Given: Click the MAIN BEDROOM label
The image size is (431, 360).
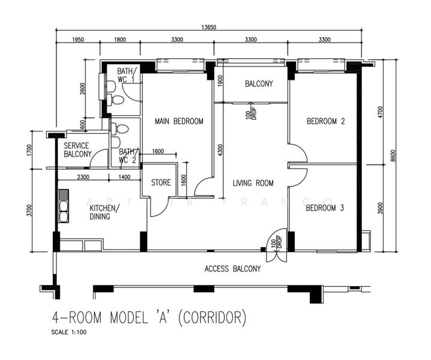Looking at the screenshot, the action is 179,121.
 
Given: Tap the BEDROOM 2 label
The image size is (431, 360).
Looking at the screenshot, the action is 326,121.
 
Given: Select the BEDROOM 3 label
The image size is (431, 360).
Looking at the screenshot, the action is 325,208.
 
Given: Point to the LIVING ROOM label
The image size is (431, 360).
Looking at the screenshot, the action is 253,183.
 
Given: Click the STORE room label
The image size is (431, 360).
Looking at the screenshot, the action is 161,182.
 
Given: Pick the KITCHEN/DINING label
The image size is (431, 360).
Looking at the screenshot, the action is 104,212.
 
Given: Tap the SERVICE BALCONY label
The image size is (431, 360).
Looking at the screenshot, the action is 77,150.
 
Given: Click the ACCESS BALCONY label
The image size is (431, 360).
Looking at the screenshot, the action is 232,268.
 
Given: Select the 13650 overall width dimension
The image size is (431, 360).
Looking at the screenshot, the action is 209,27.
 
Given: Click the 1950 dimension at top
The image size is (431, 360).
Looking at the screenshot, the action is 78,40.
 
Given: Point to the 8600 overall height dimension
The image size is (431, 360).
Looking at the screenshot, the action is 393,155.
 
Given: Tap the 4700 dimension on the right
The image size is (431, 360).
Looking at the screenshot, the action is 380,112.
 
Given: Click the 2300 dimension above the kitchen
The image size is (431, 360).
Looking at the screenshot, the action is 83,177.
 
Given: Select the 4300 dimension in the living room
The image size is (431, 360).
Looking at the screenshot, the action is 220,151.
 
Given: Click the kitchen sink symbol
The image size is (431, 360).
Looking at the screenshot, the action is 64,206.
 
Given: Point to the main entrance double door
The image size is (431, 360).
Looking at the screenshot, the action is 277,245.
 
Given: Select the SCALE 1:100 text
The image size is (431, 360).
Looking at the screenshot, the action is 68,332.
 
